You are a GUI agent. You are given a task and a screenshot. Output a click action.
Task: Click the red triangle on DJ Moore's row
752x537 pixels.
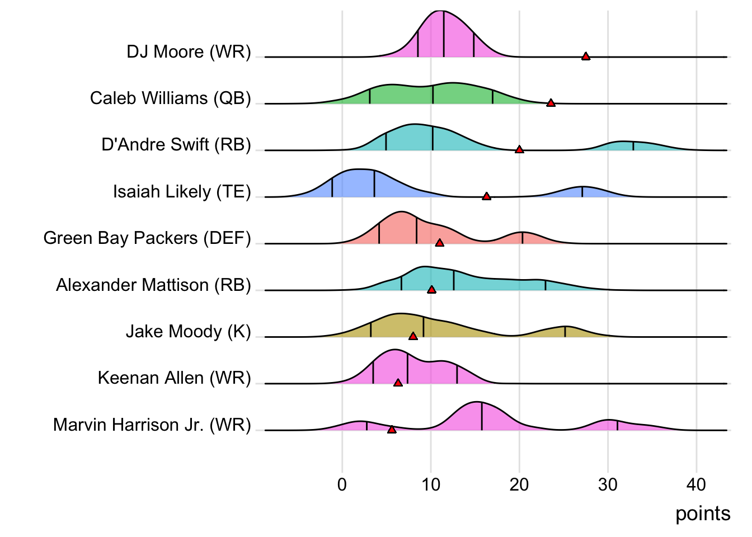click(585, 56)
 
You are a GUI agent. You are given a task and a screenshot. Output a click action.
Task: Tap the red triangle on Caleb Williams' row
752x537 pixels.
click(551, 103)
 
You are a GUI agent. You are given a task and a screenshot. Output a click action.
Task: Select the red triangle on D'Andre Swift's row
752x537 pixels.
click(519, 149)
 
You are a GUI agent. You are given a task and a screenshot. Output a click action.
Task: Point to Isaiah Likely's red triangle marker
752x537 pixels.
click(486, 196)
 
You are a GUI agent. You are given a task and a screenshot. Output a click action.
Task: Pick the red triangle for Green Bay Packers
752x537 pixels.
click(440, 243)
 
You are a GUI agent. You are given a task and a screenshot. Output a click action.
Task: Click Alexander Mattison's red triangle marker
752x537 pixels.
click(431, 290)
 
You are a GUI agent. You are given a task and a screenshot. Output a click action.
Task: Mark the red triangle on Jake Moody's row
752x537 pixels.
click(413, 336)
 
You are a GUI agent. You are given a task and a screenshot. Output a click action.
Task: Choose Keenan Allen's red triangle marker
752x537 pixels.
click(398, 383)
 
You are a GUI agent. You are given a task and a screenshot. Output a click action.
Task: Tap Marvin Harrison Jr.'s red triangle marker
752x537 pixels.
click(392, 430)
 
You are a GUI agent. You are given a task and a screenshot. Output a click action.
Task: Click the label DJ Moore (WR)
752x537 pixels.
click(189, 51)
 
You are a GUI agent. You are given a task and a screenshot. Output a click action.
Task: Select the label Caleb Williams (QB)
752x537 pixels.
click(170, 98)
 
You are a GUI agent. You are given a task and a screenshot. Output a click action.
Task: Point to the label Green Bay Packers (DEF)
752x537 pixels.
click(147, 238)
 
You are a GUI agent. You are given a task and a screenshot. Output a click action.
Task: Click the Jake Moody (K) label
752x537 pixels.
click(188, 331)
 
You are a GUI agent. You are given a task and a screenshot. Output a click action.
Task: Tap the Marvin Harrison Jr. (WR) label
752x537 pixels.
click(152, 425)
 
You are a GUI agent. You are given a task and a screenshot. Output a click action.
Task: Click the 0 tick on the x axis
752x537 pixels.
click(342, 484)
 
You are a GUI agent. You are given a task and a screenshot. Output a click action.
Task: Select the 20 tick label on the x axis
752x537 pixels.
click(519, 484)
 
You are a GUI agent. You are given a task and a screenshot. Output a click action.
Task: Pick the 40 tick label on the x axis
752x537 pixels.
click(696, 484)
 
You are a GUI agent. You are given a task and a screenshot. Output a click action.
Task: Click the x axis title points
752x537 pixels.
click(703, 514)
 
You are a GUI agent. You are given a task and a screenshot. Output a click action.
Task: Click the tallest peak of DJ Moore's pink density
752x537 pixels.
click(441, 12)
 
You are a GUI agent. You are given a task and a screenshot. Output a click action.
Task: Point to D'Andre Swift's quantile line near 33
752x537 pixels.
click(633, 146)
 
